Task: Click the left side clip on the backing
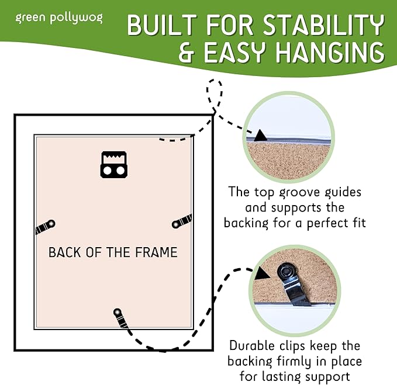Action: click(x=45, y=227)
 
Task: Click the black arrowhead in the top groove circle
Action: click(x=260, y=135)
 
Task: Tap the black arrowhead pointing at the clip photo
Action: click(x=260, y=272)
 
